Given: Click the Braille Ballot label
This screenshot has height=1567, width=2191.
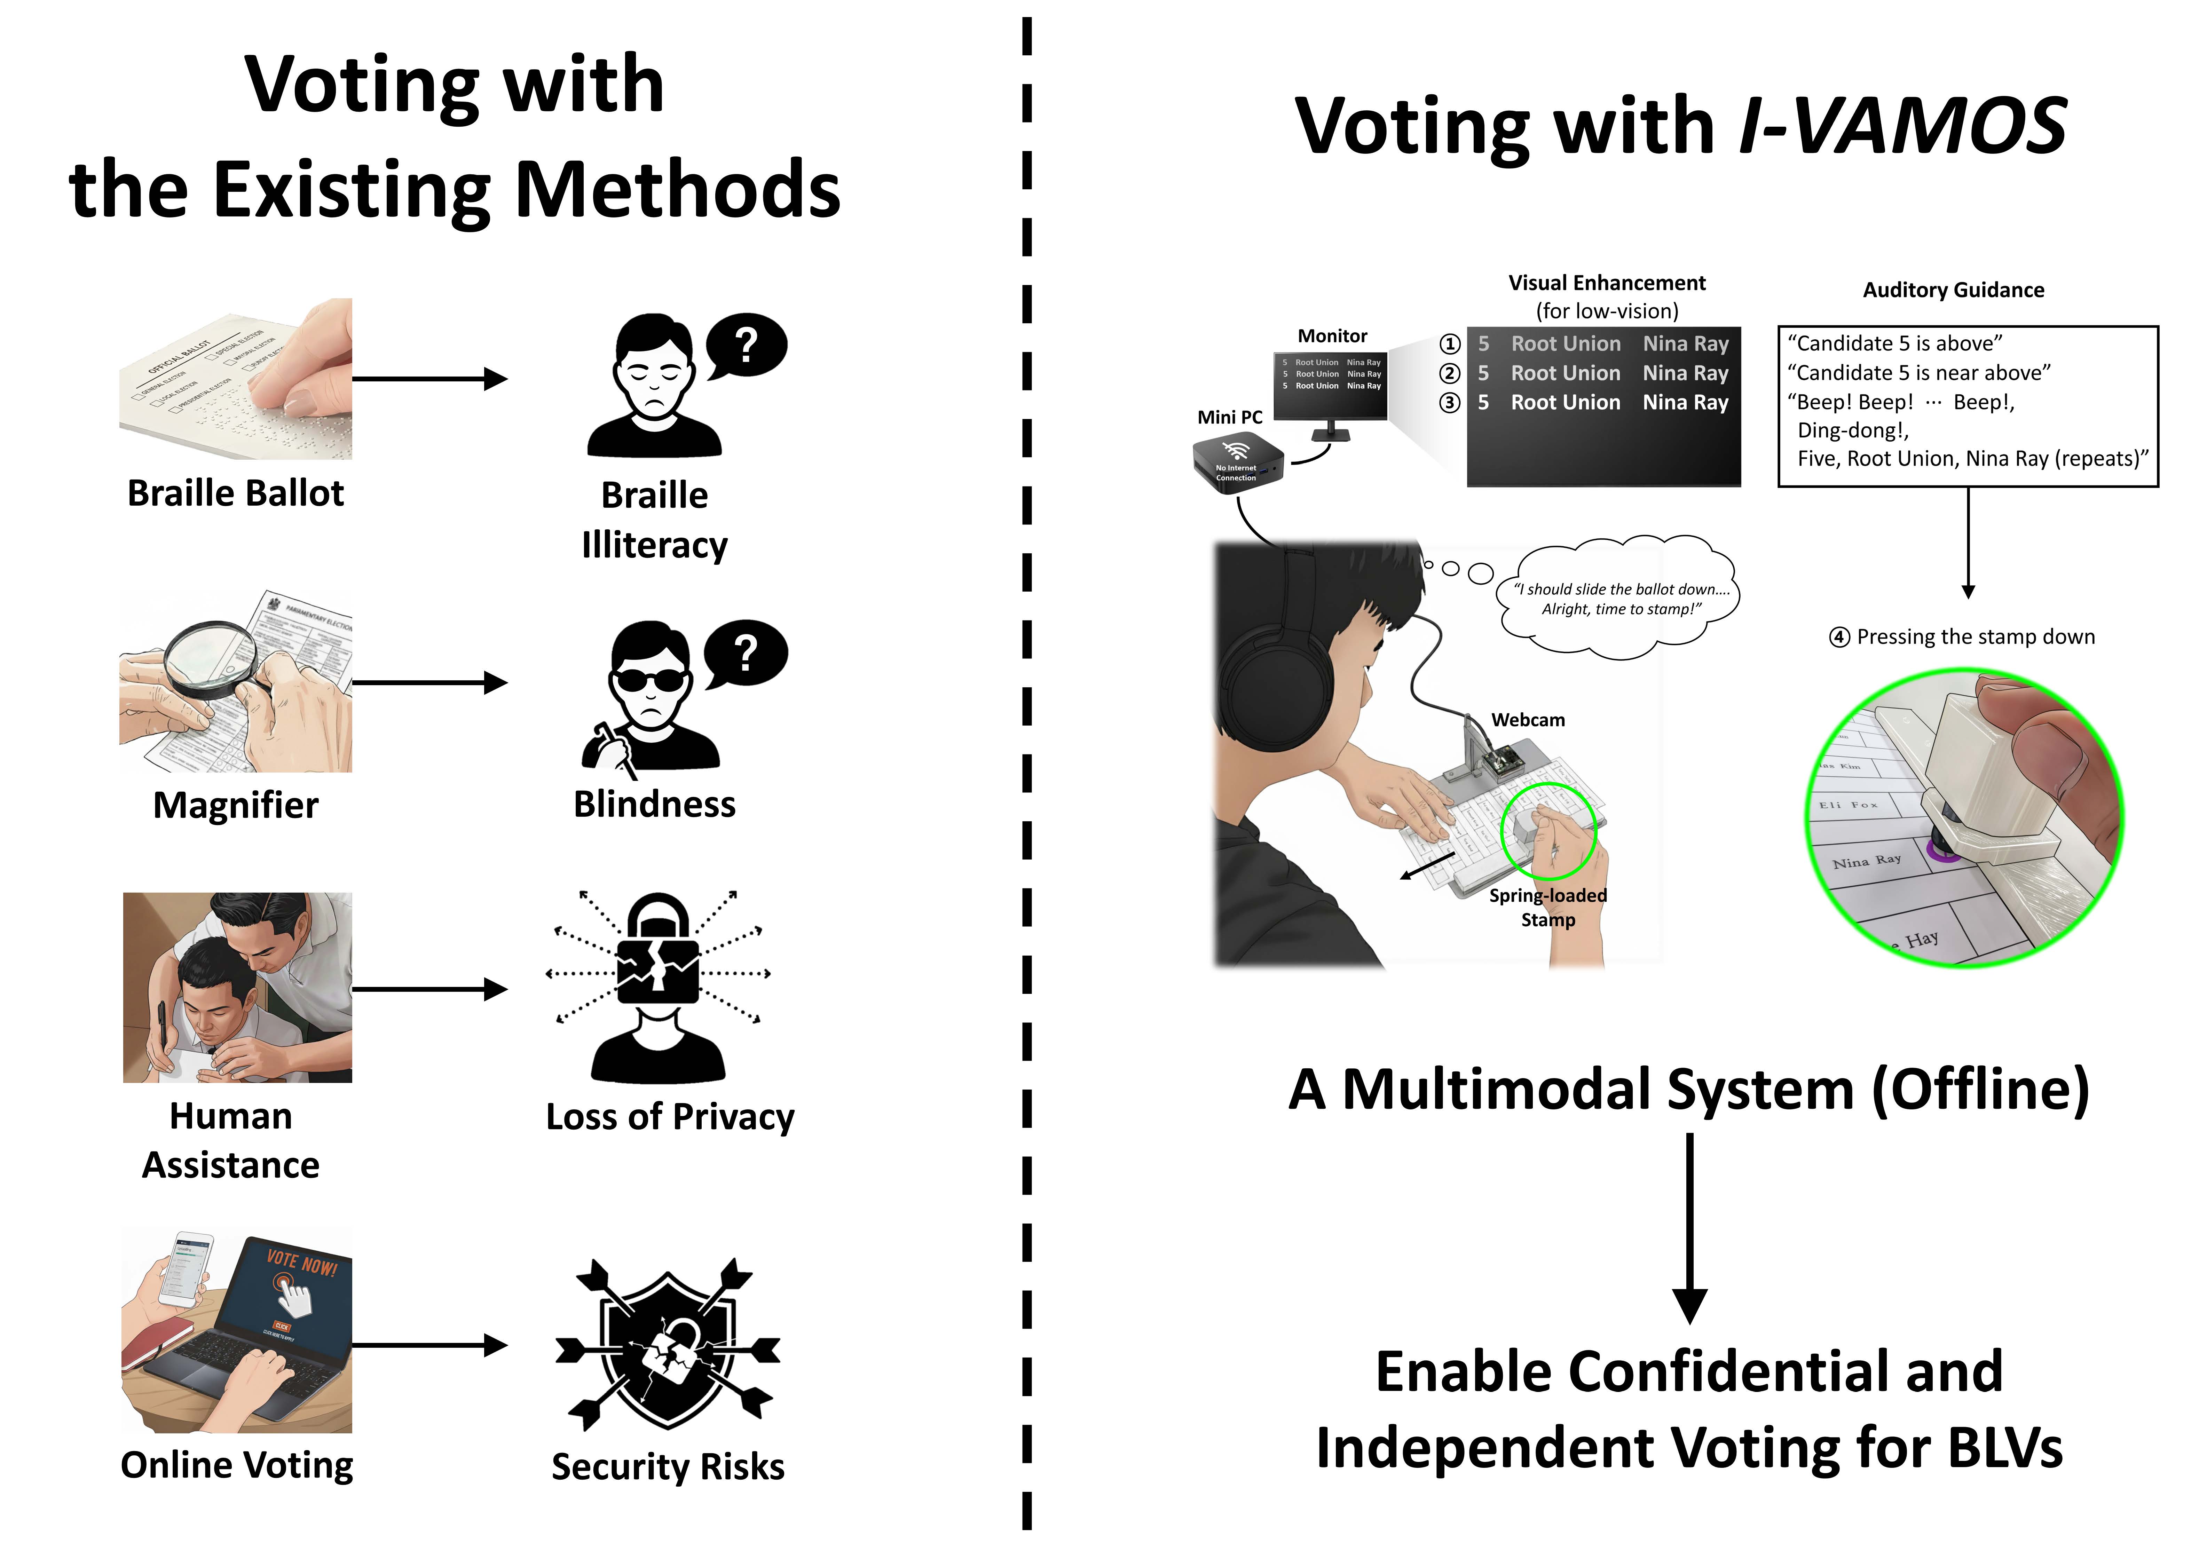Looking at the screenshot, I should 236,493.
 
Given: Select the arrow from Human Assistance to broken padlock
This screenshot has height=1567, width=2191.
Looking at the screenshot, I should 429,989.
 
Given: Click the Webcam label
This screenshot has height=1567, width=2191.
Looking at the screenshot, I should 1528,720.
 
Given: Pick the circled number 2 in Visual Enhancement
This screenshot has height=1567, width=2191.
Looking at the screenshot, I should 1450,373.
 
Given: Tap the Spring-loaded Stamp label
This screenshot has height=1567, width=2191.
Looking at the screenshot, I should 1548,907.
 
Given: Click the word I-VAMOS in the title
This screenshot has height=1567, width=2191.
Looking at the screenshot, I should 1901,126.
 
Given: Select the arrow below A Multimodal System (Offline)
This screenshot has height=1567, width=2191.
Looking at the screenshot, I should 1689,1225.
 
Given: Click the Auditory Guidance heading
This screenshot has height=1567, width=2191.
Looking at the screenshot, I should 1953,290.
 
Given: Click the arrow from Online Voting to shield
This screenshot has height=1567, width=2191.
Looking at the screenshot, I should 429,1345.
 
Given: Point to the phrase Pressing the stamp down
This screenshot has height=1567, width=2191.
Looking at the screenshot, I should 1975,637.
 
